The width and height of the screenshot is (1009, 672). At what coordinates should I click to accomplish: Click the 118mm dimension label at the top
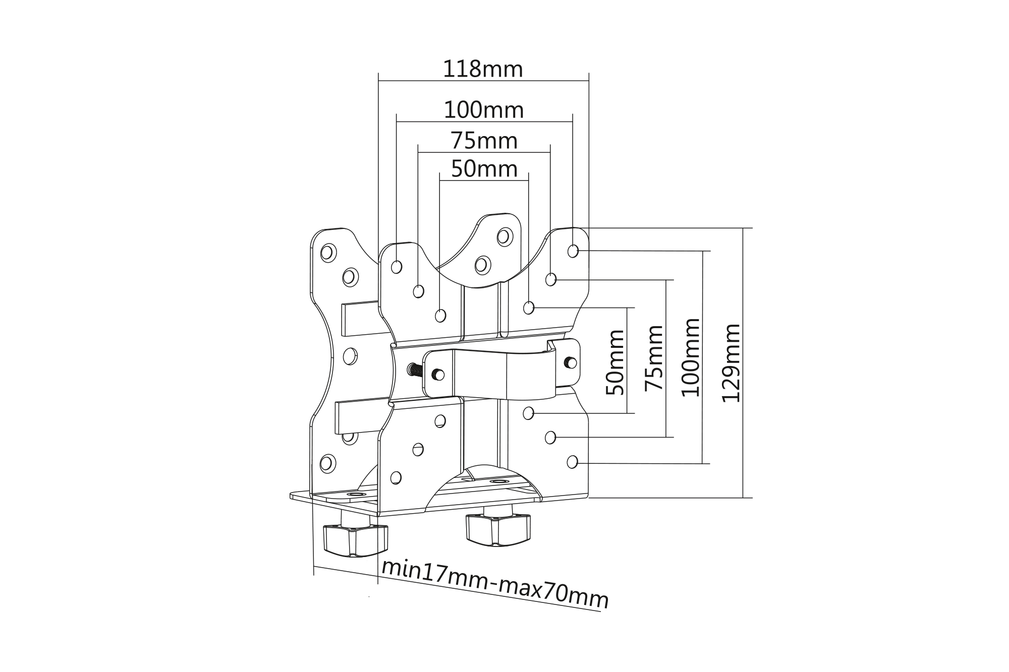point(483,69)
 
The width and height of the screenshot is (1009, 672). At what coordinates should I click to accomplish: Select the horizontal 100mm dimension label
point(483,110)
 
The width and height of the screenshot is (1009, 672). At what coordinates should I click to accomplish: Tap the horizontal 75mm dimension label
point(484,141)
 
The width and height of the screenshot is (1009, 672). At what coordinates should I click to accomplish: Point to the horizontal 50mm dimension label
point(484,169)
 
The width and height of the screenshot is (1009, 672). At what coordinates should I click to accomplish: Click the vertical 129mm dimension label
point(731,363)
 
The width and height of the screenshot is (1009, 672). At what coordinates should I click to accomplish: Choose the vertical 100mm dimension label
point(691,357)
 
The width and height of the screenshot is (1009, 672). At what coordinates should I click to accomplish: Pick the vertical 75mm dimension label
point(654,357)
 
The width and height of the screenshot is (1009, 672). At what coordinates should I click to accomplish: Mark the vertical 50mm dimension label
point(614,362)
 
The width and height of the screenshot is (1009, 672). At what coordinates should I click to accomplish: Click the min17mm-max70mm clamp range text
point(494,584)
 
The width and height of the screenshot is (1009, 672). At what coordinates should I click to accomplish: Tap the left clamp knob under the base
point(356,540)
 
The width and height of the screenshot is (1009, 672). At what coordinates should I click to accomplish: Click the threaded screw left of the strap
point(415,370)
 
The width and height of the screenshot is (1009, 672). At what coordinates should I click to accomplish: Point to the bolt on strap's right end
point(571,362)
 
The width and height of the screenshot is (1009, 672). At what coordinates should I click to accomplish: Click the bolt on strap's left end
point(438,375)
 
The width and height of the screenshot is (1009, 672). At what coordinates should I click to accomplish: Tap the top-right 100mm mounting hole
point(573,251)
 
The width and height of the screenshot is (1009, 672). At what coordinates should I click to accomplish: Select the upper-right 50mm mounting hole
point(529,308)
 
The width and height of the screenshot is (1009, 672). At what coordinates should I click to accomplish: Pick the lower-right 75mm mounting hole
point(550,437)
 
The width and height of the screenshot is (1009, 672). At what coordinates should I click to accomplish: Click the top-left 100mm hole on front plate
point(397,267)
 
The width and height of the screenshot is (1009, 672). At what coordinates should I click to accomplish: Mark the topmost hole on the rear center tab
point(504,236)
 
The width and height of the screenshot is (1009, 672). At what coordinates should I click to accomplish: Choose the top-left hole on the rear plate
point(328,252)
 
